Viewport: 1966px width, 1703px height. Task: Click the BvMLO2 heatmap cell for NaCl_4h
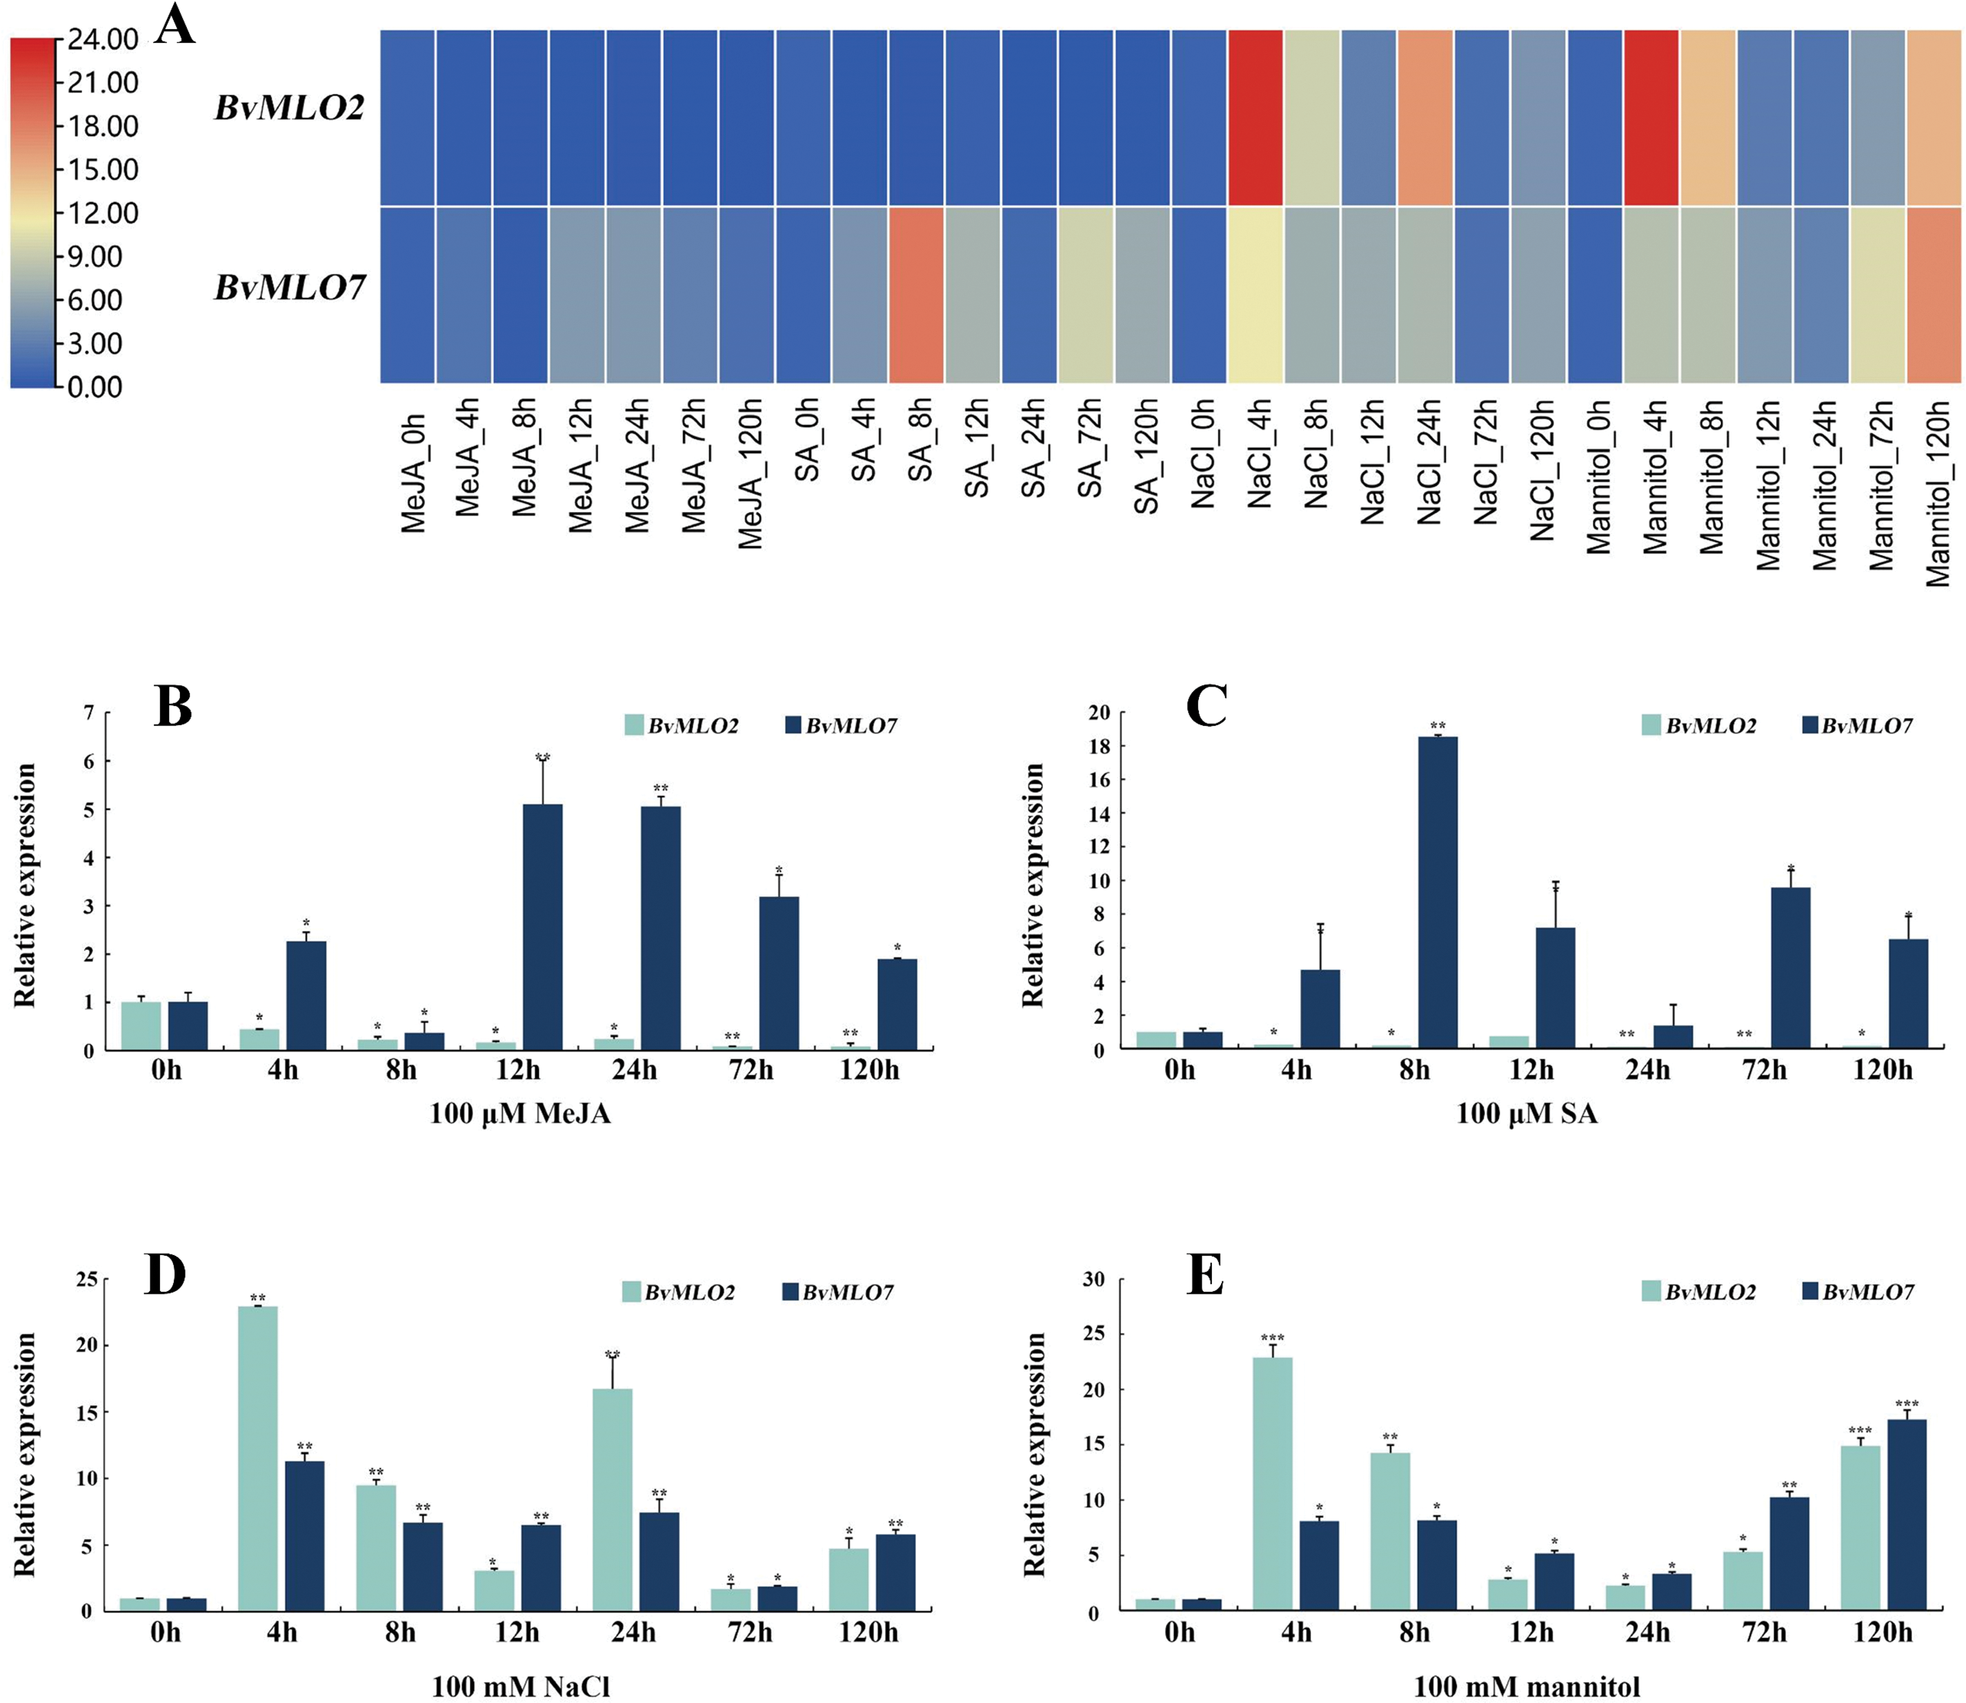click(x=1255, y=117)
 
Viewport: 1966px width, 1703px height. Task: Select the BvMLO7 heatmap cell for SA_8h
click(x=916, y=295)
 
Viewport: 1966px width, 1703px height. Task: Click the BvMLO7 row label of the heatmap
click(x=290, y=287)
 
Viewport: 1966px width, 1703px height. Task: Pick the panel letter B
click(x=173, y=707)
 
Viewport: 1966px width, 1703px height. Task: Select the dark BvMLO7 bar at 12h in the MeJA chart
click(x=542, y=927)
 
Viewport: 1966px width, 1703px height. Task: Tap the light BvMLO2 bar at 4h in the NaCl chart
click(x=257, y=1459)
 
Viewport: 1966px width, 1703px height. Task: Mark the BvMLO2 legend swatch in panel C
click(x=1651, y=725)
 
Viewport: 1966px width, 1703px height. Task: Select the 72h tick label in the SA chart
click(x=1765, y=1070)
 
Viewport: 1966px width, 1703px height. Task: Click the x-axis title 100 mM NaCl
click(x=521, y=1687)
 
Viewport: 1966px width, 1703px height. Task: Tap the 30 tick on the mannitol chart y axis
click(x=1093, y=1279)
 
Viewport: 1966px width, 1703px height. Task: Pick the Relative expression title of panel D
click(x=25, y=1454)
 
